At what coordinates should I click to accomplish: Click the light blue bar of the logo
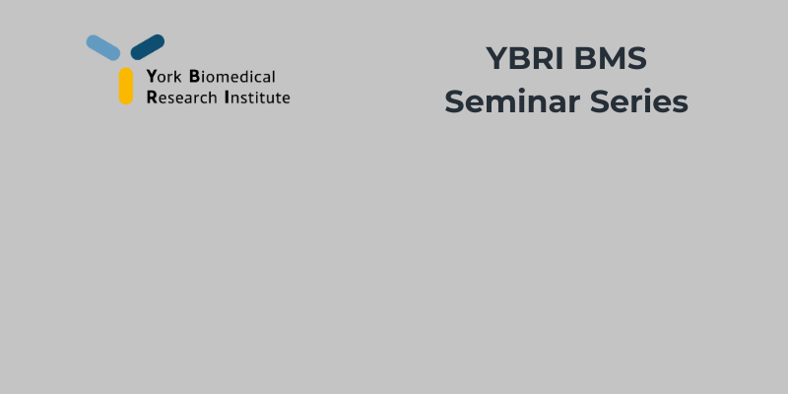click(x=102, y=46)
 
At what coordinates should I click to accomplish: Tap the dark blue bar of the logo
click(x=147, y=46)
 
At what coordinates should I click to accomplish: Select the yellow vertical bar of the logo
click(x=126, y=86)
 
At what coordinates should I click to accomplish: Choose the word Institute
click(x=257, y=98)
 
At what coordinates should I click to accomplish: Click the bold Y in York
click(x=151, y=76)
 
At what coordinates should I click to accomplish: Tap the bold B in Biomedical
click(x=194, y=76)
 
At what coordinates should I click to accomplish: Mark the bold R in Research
click(x=151, y=98)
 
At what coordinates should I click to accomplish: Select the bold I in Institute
click(x=227, y=98)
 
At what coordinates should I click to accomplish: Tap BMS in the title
click(x=613, y=59)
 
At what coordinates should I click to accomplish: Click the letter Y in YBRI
click(x=495, y=59)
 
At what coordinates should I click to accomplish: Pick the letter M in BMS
click(x=612, y=59)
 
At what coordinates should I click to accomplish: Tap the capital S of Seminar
click(x=454, y=101)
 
